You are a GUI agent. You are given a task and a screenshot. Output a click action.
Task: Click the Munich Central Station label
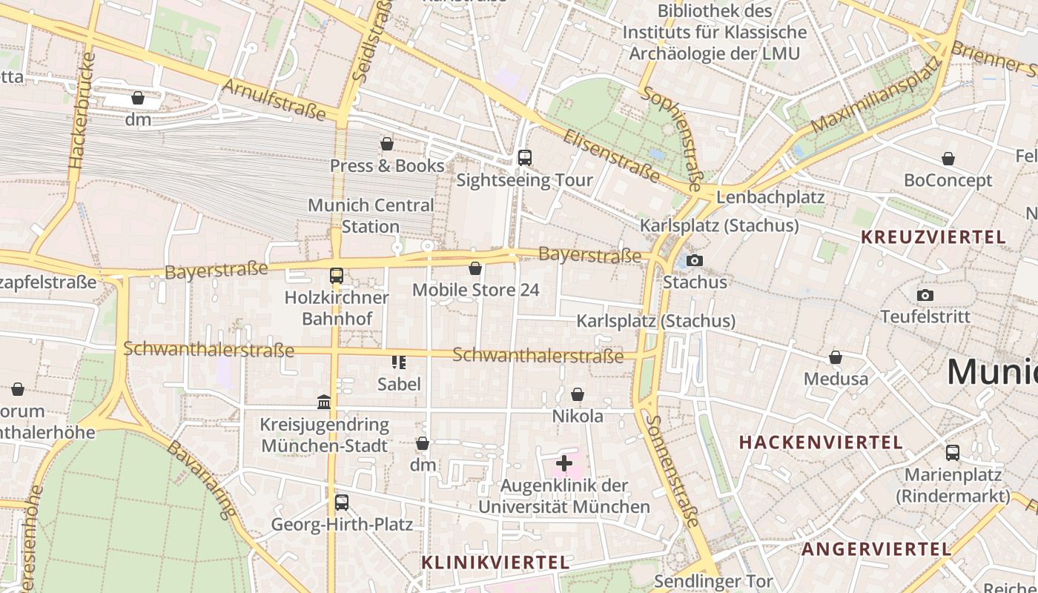tap(371, 216)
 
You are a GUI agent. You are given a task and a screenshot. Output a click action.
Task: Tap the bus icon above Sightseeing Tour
tap(525, 157)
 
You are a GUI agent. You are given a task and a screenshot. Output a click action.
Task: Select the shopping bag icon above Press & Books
tap(387, 143)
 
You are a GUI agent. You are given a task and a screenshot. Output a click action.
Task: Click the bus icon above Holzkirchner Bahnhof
tap(337, 276)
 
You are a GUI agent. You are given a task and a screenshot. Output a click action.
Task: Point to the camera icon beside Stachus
tap(695, 260)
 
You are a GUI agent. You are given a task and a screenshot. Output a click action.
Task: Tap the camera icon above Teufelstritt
tap(925, 295)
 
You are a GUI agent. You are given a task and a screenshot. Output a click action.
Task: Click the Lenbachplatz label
tap(770, 197)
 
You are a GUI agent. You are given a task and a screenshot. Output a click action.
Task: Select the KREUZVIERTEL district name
tap(933, 237)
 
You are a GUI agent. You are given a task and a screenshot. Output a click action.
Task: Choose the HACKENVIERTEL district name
tap(821, 443)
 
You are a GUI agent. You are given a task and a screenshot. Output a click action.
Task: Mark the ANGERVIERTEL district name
tap(876, 549)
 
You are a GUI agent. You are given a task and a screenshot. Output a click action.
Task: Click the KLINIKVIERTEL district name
tap(495, 563)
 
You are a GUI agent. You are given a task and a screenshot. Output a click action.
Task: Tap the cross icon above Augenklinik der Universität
tap(564, 464)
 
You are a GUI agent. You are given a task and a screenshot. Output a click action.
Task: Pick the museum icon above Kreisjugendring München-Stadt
tap(324, 402)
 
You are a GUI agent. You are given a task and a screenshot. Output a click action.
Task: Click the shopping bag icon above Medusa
tap(836, 357)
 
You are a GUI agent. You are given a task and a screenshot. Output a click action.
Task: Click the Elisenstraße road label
tap(611, 156)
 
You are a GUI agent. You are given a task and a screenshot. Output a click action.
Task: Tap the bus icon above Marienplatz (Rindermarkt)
tap(953, 452)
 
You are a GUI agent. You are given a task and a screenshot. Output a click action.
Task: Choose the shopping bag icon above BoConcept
tap(948, 159)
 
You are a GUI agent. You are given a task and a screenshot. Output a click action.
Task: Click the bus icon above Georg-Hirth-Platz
tap(342, 503)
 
